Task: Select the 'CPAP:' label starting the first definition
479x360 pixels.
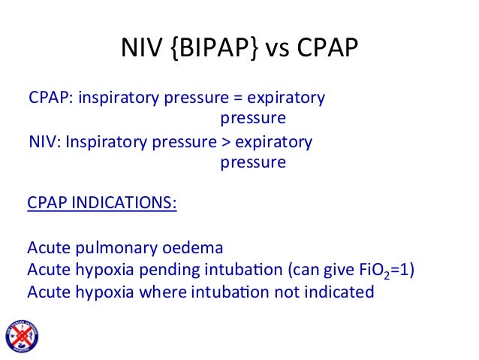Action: tap(47, 99)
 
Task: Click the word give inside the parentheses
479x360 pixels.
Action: tap(330, 270)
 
